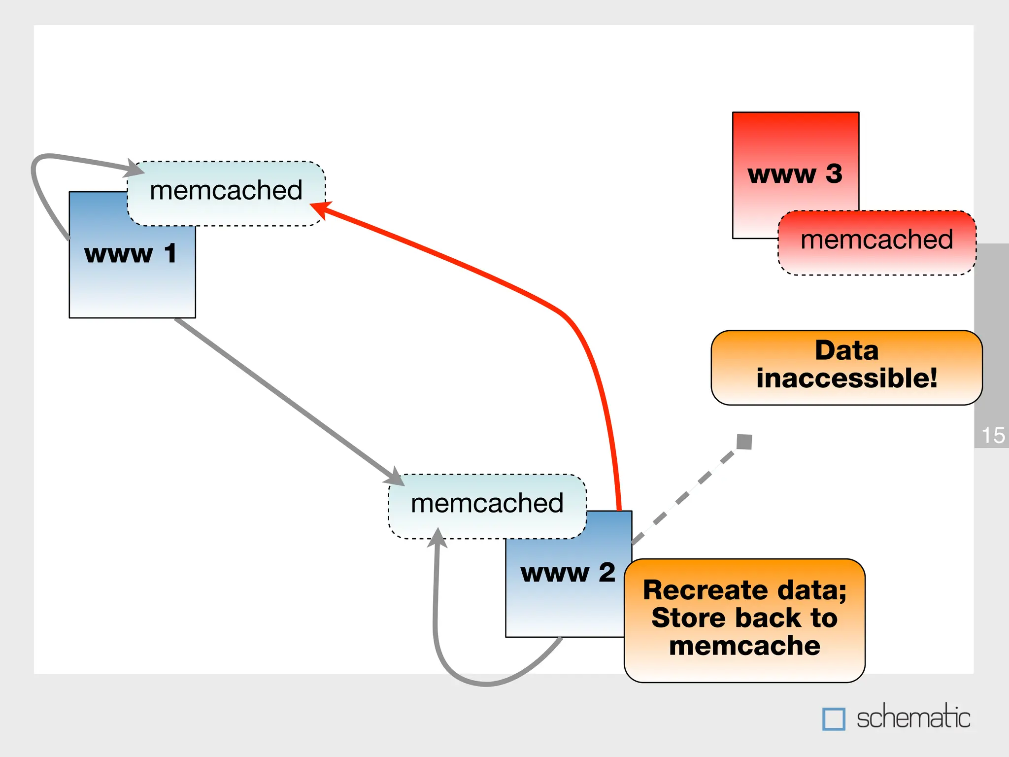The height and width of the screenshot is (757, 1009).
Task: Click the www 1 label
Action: [130, 254]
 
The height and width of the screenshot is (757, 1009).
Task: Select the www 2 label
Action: [568, 573]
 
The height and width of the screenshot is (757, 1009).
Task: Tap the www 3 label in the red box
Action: [795, 174]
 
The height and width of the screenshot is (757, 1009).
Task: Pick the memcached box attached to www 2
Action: [487, 504]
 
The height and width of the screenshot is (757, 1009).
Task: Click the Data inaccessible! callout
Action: [846, 367]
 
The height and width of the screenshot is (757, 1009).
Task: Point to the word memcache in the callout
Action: [744, 646]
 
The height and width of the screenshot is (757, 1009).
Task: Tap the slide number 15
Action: [993, 436]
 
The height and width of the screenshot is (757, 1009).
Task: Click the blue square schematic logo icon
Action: [834, 719]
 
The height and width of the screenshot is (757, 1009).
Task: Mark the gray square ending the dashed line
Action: [744, 442]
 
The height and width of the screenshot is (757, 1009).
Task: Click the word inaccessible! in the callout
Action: [846, 378]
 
